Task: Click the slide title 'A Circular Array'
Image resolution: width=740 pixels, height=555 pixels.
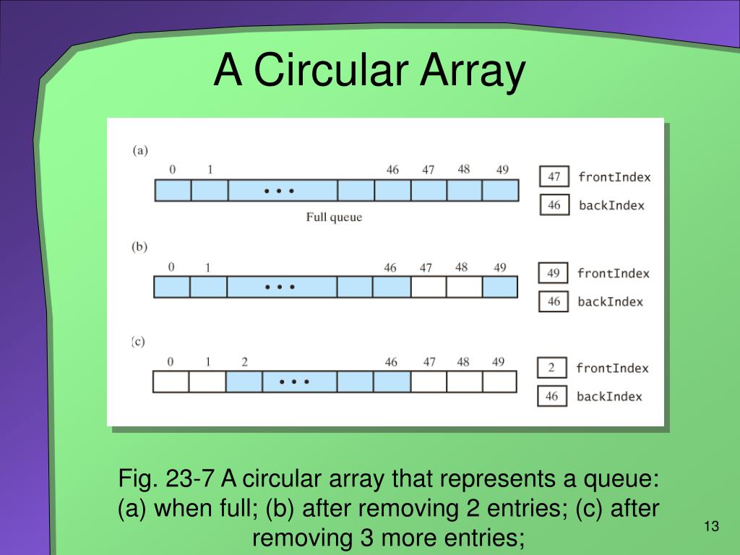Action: click(x=369, y=72)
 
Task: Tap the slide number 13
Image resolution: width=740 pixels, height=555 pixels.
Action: click(x=712, y=526)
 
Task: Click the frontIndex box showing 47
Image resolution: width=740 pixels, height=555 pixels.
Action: click(x=554, y=177)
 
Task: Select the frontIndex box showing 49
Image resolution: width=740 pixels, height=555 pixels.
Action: click(x=554, y=273)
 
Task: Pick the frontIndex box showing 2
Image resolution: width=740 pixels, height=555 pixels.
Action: click(x=551, y=369)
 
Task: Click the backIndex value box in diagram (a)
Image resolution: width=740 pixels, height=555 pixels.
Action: click(x=554, y=205)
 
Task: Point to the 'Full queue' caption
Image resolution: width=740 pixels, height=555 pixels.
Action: click(x=334, y=217)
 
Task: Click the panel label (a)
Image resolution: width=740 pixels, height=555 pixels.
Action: click(x=140, y=150)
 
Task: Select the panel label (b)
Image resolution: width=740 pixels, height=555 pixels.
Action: click(x=139, y=246)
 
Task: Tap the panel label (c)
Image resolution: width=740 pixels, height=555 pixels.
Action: click(x=139, y=342)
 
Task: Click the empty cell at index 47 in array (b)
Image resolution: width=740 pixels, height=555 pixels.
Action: click(x=428, y=287)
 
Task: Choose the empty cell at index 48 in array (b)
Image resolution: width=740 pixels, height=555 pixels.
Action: click(x=463, y=287)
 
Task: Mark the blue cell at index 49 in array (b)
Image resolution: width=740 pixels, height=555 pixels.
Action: click(x=499, y=287)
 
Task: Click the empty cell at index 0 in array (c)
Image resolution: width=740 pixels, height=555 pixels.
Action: click(x=171, y=382)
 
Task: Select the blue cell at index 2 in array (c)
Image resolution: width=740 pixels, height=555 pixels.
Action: click(x=244, y=382)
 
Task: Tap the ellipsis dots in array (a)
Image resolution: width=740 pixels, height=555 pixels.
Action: click(x=279, y=192)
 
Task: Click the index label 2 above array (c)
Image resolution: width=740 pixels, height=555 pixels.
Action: click(x=244, y=362)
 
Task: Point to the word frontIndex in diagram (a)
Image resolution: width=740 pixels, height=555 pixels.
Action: click(x=614, y=177)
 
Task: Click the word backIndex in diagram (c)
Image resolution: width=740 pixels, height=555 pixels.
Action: click(x=609, y=396)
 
